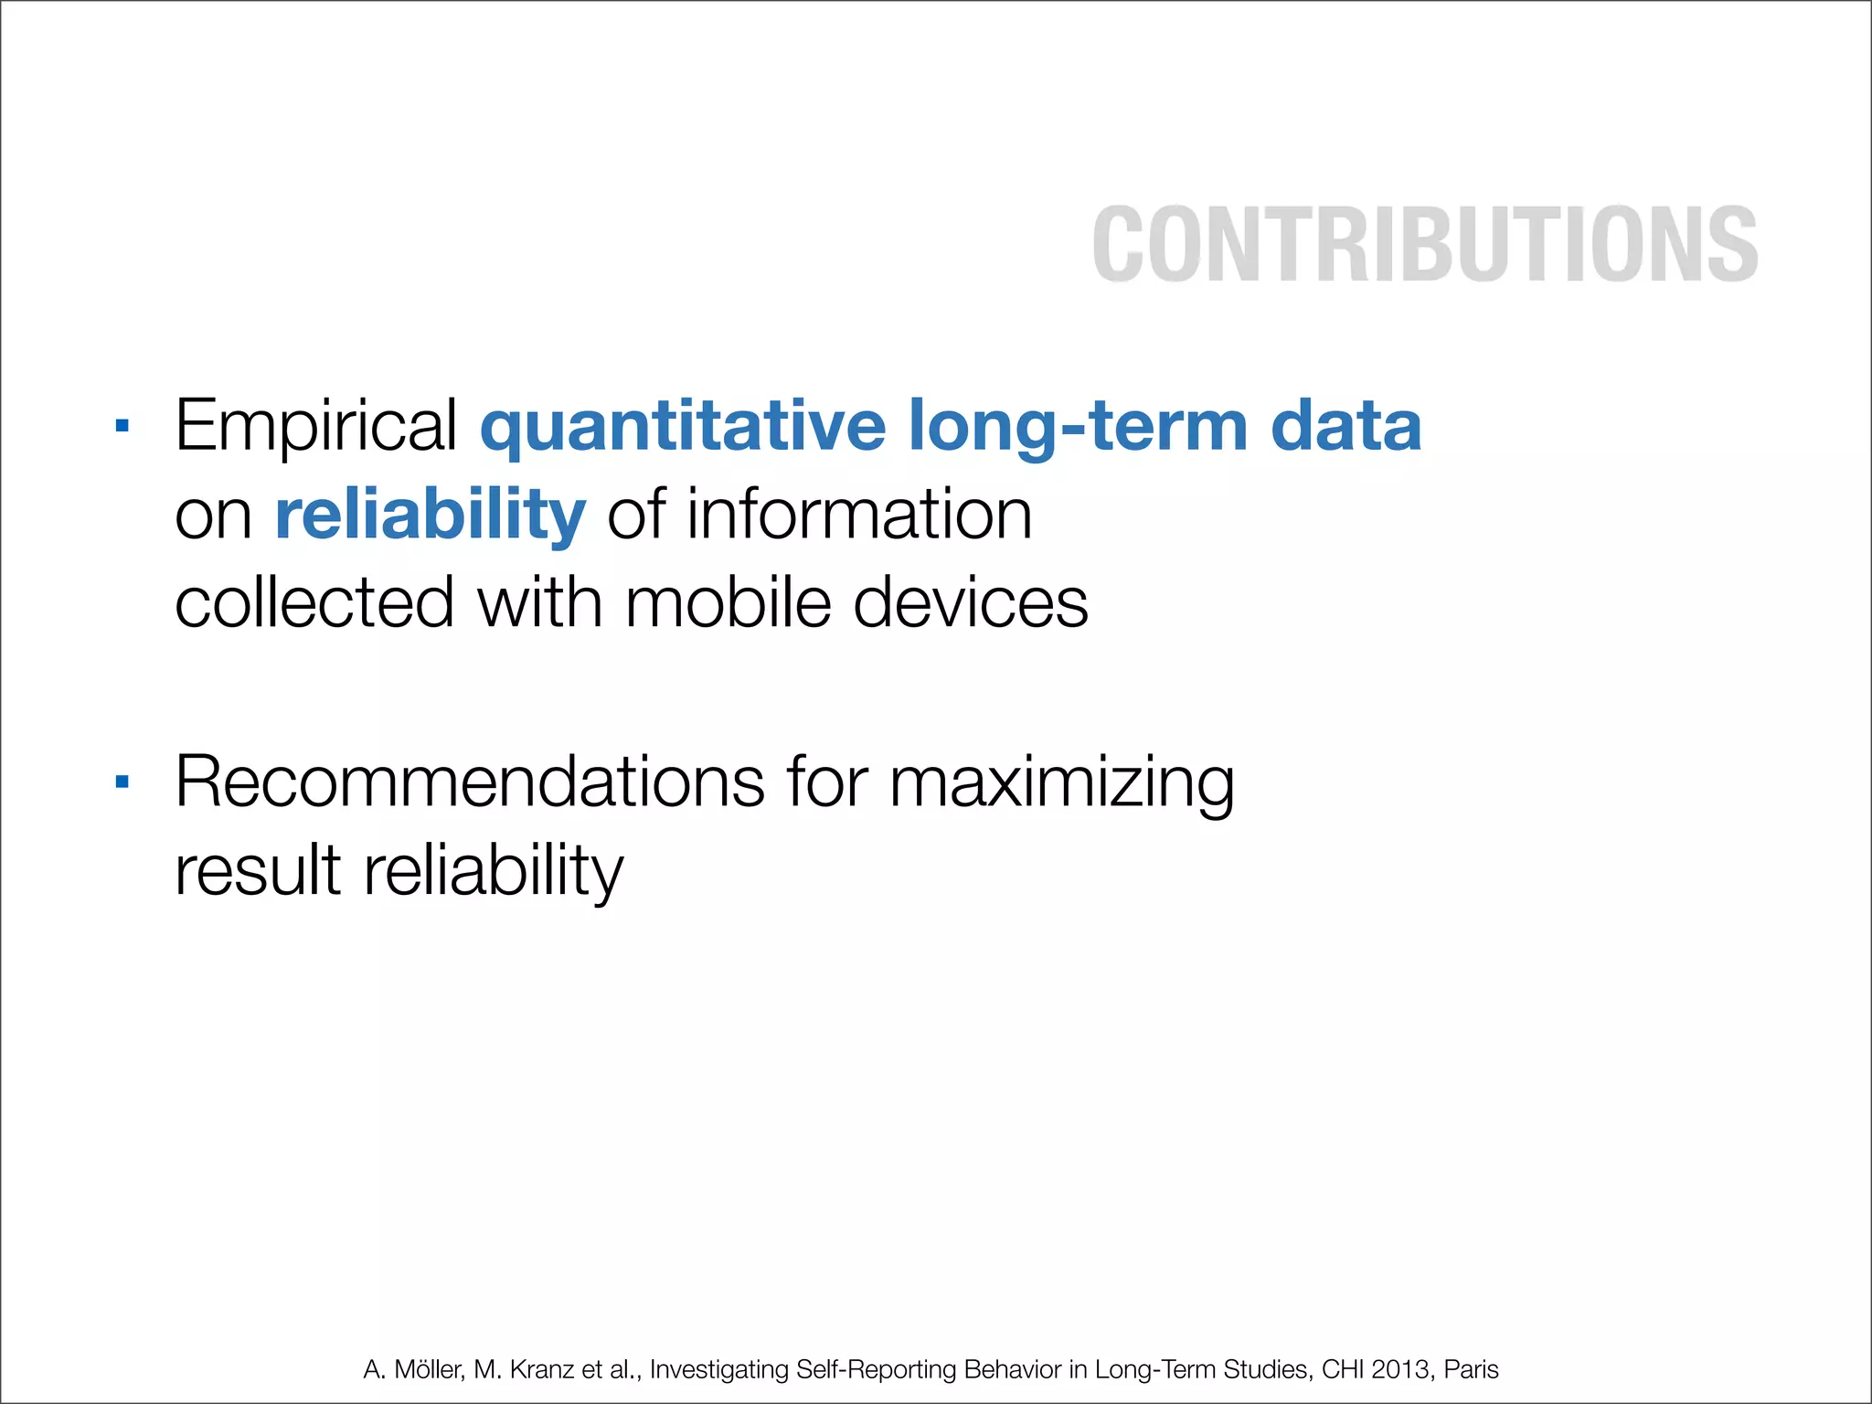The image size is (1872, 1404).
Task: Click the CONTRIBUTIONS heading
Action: pyautogui.click(x=1424, y=244)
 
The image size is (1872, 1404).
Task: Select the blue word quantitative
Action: pyautogui.click(x=683, y=427)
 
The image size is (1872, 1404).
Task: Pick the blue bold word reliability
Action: pyautogui.click(x=430, y=515)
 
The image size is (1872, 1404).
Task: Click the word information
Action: pyautogui.click(x=859, y=515)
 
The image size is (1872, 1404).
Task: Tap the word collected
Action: pyautogui.click(x=314, y=603)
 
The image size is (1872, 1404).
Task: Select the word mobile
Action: pyautogui.click(x=728, y=603)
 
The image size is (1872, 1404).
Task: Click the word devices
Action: pyautogui.click(x=970, y=603)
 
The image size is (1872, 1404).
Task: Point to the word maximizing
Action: pyautogui.click(x=1061, y=783)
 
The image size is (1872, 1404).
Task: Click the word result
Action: pyautogui.click(x=258, y=870)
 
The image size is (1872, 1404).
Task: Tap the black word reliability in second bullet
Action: pyautogui.click(x=494, y=872)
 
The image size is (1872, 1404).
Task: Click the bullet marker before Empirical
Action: pyautogui.click(x=122, y=425)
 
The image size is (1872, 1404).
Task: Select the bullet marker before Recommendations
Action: pyautogui.click(x=122, y=782)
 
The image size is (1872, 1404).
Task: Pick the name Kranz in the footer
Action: pyautogui.click(x=542, y=1369)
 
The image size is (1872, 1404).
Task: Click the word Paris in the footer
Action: pyautogui.click(x=1472, y=1369)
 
